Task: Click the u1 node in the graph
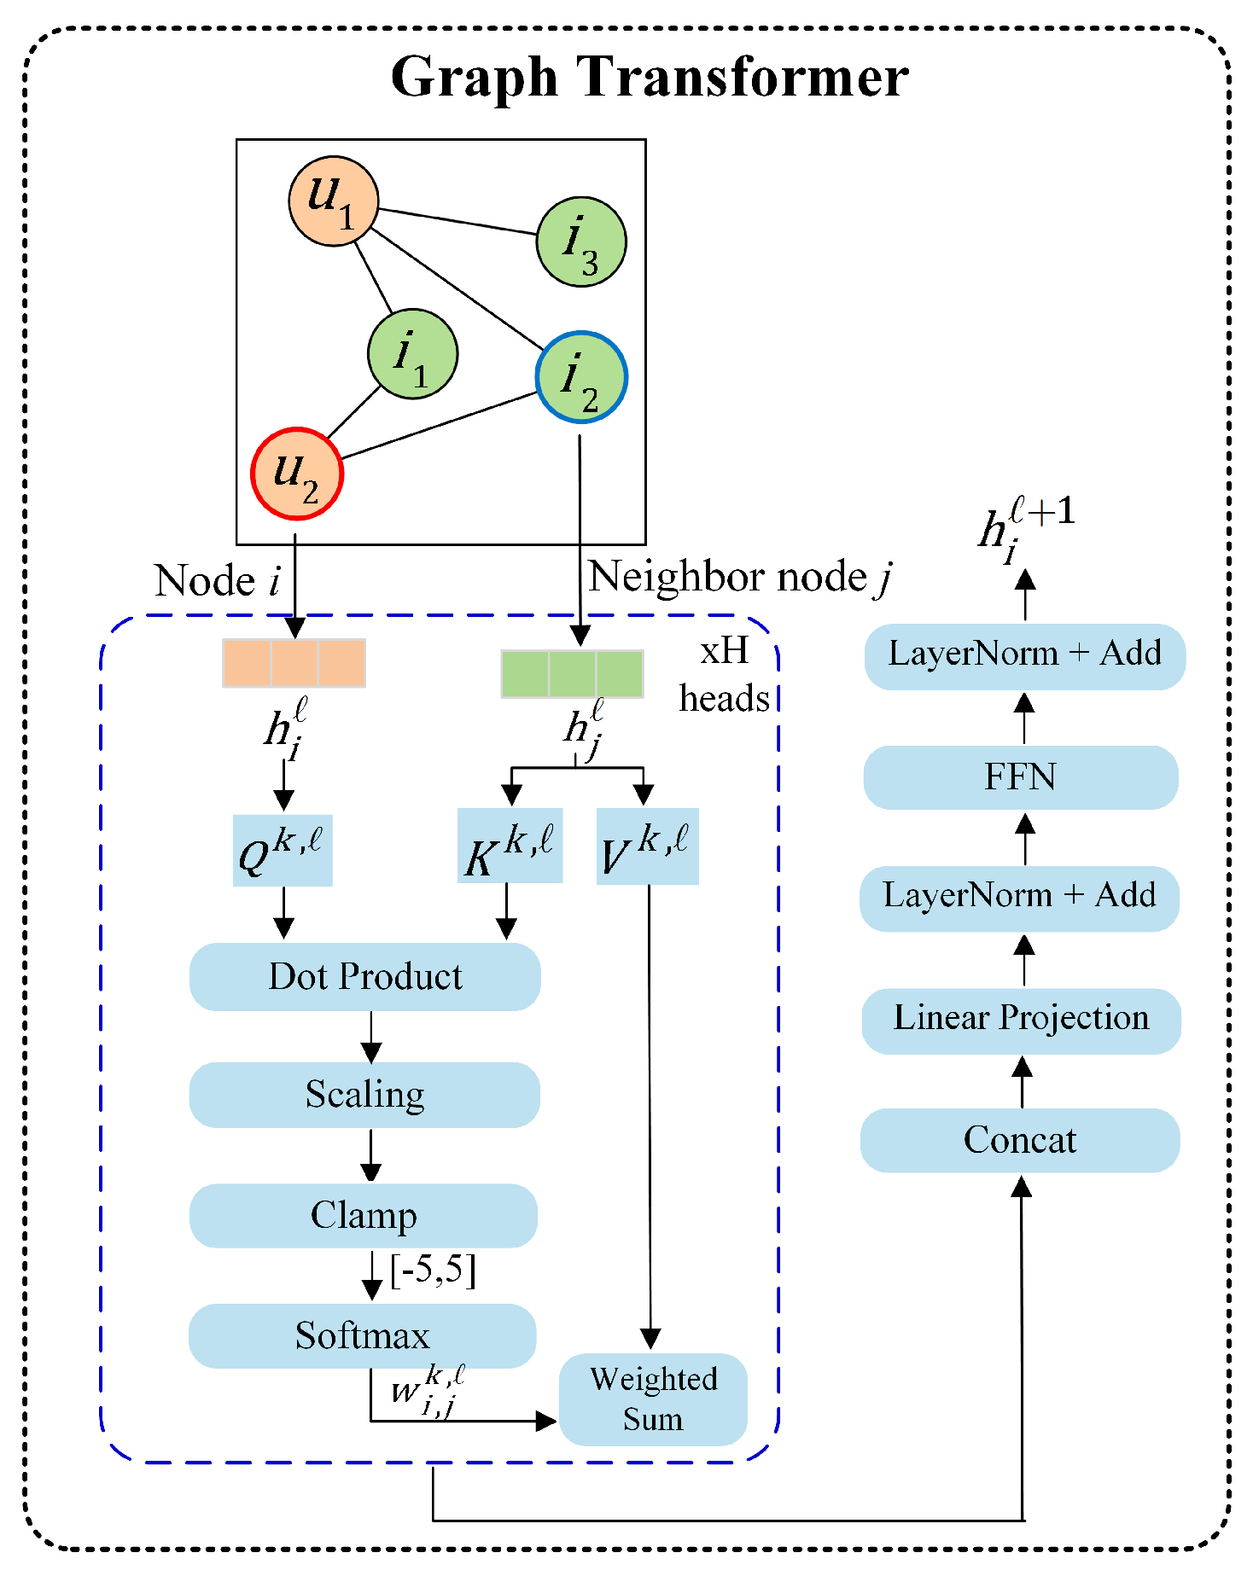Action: (x=333, y=201)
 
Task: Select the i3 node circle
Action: (x=581, y=241)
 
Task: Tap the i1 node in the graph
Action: (x=413, y=353)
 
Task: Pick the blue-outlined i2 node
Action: (x=582, y=376)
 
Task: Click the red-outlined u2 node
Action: (x=297, y=474)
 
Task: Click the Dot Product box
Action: (x=365, y=976)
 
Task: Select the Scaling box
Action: (x=364, y=1095)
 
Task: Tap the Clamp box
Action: (x=364, y=1215)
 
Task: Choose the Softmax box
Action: (x=363, y=1335)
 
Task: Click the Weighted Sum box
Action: (x=653, y=1399)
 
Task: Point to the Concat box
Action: (x=1020, y=1140)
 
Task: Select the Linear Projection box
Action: (x=1022, y=1021)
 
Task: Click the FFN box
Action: (x=1021, y=777)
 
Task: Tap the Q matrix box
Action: (x=283, y=850)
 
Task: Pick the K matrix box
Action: (x=510, y=846)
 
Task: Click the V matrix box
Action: (x=648, y=846)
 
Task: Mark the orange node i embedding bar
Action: (x=294, y=663)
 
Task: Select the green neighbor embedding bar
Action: (x=572, y=674)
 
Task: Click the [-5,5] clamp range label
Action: (x=433, y=1271)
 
